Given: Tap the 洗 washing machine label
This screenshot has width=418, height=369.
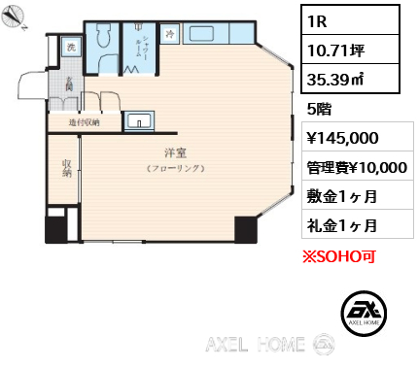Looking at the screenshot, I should (70, 47).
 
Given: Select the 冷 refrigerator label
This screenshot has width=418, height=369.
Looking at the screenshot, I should (170, 34).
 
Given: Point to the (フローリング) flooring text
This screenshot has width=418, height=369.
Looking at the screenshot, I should (175, 169).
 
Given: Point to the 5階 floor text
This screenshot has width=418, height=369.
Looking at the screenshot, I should (319, 109).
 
